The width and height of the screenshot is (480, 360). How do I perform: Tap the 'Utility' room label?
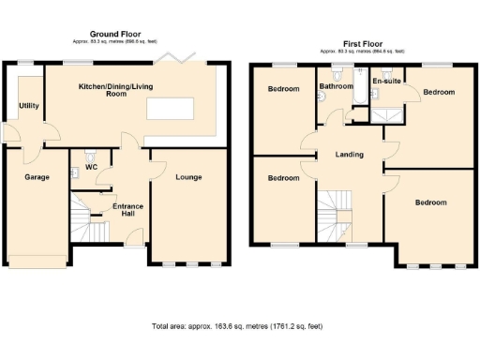28,106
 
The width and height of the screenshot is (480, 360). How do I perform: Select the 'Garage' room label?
37,176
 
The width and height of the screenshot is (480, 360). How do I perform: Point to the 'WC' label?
92,167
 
